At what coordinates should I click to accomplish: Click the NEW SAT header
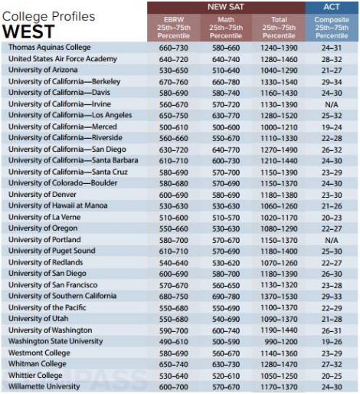pos(226,7)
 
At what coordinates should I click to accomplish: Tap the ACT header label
pos(332,7)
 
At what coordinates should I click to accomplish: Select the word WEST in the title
pos(28,31)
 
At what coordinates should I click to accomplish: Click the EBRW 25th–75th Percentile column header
pos(174,28)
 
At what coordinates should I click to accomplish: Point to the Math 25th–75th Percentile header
pos(226,28)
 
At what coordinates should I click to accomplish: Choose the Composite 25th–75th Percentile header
pos(332,28)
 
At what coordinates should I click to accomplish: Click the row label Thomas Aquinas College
pos(50,48)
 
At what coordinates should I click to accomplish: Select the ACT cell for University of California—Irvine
pos(332,104)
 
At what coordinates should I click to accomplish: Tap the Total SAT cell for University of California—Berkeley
pos(279,82)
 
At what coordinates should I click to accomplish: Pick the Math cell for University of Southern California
pos(226,297)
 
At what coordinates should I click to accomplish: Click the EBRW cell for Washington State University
pos(174,342)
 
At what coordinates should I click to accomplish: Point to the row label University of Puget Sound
pos(52,251)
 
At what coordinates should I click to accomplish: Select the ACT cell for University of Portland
pos(332,240)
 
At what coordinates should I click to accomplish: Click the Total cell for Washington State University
pos(281,342)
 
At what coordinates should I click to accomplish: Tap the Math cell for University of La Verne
pos(226,218)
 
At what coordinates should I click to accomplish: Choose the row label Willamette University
pos(44,386)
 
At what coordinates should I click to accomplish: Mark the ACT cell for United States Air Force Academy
pos(332,59)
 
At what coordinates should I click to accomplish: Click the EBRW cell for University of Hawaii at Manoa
pos(174,206)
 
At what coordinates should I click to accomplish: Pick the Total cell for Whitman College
pos(279,364)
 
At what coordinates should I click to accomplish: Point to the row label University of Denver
pos(42,195)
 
